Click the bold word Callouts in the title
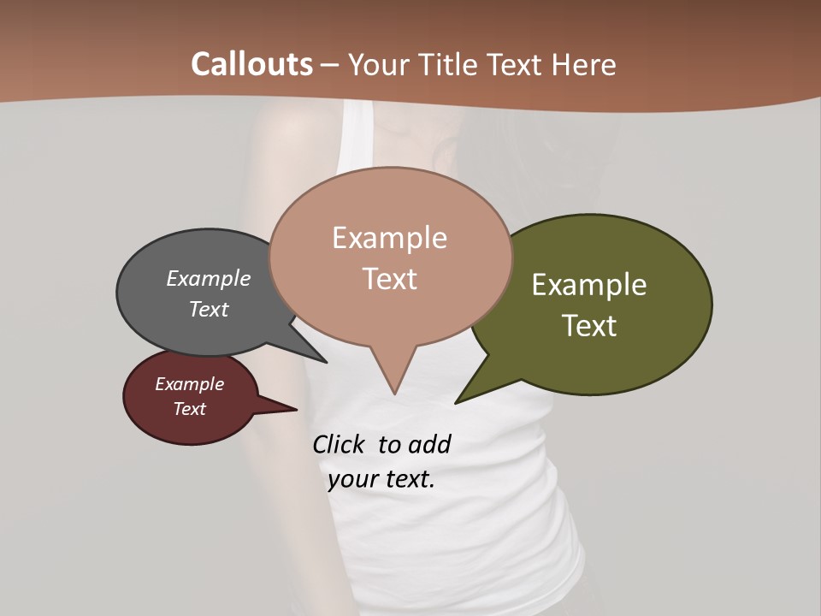coord(251,64)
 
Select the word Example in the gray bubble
coord(209,278)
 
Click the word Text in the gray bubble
coord(209,309)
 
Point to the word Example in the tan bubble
coord(389,238)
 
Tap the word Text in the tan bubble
coord(389,279)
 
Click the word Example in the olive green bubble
coord(589,284)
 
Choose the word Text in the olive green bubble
coord(589,325)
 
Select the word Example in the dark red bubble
coord(189,384)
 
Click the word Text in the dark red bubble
coord(189,409)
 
